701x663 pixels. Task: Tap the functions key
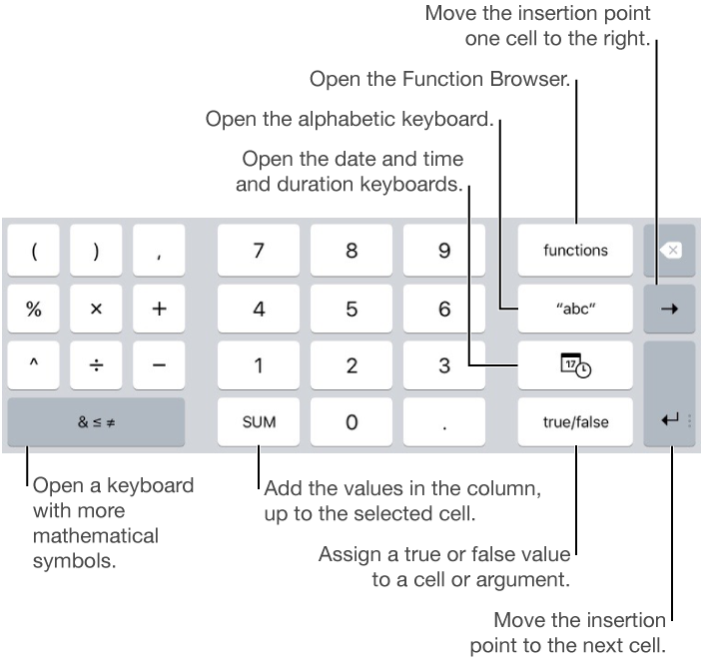coord(575,251)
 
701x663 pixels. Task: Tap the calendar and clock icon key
coord(575,366)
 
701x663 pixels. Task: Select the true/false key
coord(575,422)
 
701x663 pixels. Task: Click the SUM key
coord(259,422)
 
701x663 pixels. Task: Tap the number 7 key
coord(259,251)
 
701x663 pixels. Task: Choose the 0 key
coord(351,422)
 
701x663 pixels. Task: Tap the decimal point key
coord(444,422)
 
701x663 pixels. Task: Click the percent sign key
coord(34,309)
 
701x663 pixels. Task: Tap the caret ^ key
coord(34,366)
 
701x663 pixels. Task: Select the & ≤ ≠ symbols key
coord(96,422)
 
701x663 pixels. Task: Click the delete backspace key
coord(671,251)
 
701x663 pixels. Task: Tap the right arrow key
coord(671,309)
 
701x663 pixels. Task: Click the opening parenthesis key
coord(34,251)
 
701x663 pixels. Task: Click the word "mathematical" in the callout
coord(96,535)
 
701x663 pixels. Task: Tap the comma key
coord(159,251)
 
